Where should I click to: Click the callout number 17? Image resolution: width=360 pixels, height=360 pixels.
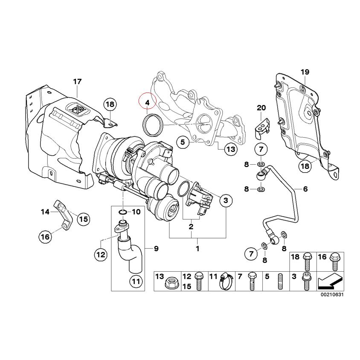[77, 81]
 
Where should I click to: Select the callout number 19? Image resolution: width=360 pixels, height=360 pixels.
[305, 72]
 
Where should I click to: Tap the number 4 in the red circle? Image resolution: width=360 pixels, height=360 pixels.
[147, 103]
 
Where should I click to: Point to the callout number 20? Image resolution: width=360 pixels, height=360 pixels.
[261, 108]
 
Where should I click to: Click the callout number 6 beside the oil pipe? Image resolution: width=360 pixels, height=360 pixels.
[305, 189]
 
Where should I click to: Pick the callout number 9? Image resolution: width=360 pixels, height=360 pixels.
[156, 248]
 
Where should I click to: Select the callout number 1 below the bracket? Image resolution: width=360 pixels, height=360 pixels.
[197, 248]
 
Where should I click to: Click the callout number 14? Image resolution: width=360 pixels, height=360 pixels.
[45, 211]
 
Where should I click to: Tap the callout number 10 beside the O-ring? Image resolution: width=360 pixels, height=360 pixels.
[136, 212]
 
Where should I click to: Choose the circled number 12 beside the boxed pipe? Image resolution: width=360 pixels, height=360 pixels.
[100, 255]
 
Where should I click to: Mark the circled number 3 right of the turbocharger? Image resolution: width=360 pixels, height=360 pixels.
[226, 200]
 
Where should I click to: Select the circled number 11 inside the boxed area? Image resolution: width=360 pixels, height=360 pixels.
[135, 281]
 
